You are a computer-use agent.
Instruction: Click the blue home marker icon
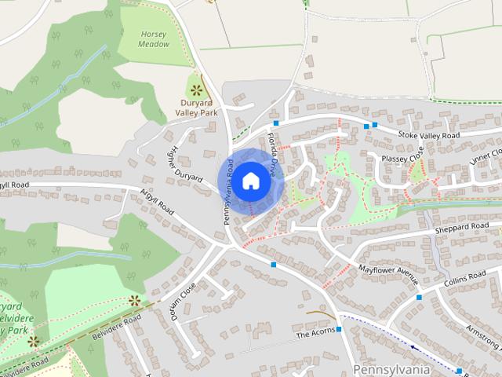tap(250, 180)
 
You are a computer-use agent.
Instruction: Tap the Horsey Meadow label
tap(155, 39)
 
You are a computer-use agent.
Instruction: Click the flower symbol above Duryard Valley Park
tap(195, 87)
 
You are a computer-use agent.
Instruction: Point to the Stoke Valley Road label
tap(427, 136)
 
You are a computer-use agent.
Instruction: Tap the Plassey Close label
tap(402, 158)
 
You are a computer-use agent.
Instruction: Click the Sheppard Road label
tap(462, 229)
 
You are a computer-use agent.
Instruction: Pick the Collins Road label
tap(465, 279)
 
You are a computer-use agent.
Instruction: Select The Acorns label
tap(315, 335)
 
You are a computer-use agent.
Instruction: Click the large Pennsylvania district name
tap(392, 368)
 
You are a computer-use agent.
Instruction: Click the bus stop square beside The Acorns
tap(339, 329)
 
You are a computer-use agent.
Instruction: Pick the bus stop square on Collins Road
tap(420, 298)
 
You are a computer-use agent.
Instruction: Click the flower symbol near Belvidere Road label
tap(134, 299)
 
